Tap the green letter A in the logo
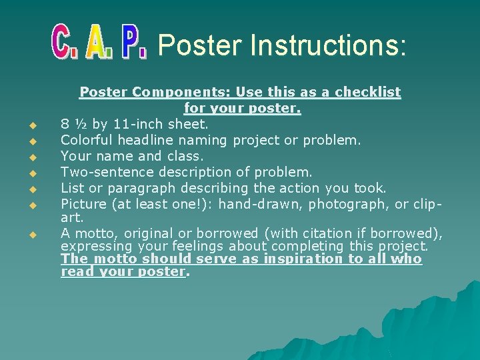[x=98, y=44]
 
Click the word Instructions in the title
[x=327, y=45]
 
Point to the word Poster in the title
[x=199, y=45]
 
